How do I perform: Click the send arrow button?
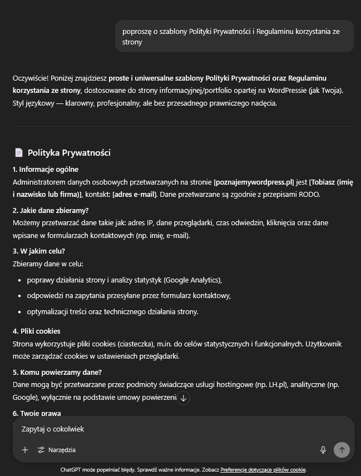[x=342, y=450]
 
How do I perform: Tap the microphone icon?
[x=323, y=450]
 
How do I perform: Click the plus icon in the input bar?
[x=25, y=450]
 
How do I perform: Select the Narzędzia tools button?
[x=56, y=450]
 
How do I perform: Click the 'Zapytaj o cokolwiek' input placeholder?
[x=53, y=429]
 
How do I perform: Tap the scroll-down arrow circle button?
[x=183, y=398]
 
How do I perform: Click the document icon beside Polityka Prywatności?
[x=19, y=152]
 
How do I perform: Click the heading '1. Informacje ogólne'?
[x=46, y=169]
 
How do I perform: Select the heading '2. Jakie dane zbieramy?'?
[x=51, y=210]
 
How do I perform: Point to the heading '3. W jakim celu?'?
[x=39, y=251]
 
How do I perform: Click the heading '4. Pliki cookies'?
[x=37, y=331]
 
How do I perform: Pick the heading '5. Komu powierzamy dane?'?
[x=57, y=372]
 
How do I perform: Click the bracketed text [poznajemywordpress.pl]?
[x=254, y=182]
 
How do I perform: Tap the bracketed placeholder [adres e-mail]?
[x=135, y=195]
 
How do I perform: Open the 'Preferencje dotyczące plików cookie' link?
[x=263, y=470]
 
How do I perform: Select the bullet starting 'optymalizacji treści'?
[x=112, y=311]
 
